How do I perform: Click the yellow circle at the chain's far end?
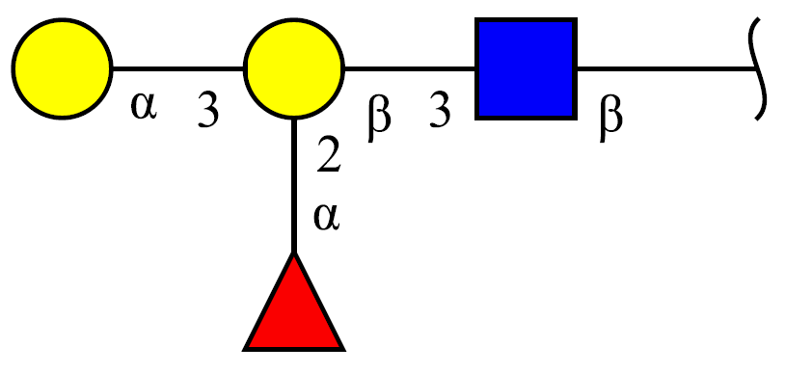click(x=62, y=68)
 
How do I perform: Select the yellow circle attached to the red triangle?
click(x=294, y=68)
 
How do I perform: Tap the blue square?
click(x=527, y=68)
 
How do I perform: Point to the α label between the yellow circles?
click(x=144, y=107)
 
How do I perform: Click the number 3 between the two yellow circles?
click(x=208, y=110)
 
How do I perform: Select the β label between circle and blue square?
click(x=379, y=119)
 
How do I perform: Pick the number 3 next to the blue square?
click(x=440, y=110)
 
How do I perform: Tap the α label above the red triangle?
click(x=327, y=218)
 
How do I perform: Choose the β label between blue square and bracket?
click(x=610, y=119)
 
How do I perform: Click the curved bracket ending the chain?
click(x=758, y=68)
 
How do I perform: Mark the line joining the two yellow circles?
click(x=178, y=68)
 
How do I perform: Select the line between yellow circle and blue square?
click(x=410, y=68)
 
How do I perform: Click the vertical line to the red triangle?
click(x=294, y=186)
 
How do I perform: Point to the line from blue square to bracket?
click(x=665, y=68)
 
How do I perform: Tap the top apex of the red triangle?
click(x=294, y=253)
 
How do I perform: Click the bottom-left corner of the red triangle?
click(x=244, y=350)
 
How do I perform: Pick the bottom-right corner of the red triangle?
click(x=344, y=350)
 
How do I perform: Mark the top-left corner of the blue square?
click(x=475, y=18)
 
